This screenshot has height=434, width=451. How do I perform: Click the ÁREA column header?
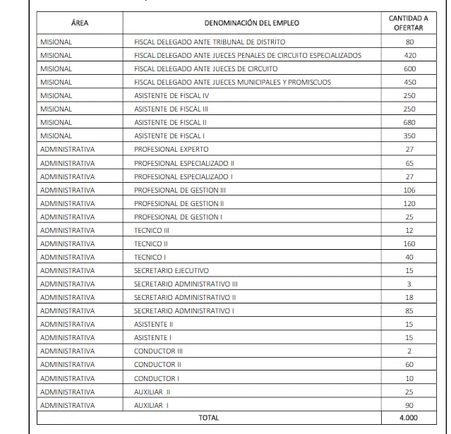(x=80, y=23)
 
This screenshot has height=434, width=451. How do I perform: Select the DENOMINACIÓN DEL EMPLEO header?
(x=251, y=23)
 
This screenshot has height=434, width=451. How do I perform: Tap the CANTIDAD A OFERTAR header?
(x=409, y=23)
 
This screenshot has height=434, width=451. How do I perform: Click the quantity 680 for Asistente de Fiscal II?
(x=409, y=122)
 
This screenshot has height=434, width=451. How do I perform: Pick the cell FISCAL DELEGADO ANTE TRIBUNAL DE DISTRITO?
(x=210, y=42)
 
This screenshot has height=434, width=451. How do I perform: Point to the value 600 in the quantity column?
(x=409, y=68)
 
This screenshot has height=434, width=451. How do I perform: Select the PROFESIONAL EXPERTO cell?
(x=172, y=149)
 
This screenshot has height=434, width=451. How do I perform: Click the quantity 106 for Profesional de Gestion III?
(x=409, y=190)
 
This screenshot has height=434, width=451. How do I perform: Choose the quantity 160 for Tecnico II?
(x=409, y=243)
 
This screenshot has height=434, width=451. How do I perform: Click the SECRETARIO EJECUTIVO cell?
(x=172, y=270)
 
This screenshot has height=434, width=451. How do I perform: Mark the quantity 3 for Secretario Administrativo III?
(x=409, y=284)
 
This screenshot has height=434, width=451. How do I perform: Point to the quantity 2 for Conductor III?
(x=409, y=351)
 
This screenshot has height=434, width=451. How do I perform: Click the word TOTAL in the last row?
(x=208, y=418)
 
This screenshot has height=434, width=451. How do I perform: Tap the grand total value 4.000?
(x=409, y=418)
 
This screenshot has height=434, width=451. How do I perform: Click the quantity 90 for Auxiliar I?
(x=409, y=405)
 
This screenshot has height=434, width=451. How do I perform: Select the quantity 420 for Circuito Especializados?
(x=409, y=55)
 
